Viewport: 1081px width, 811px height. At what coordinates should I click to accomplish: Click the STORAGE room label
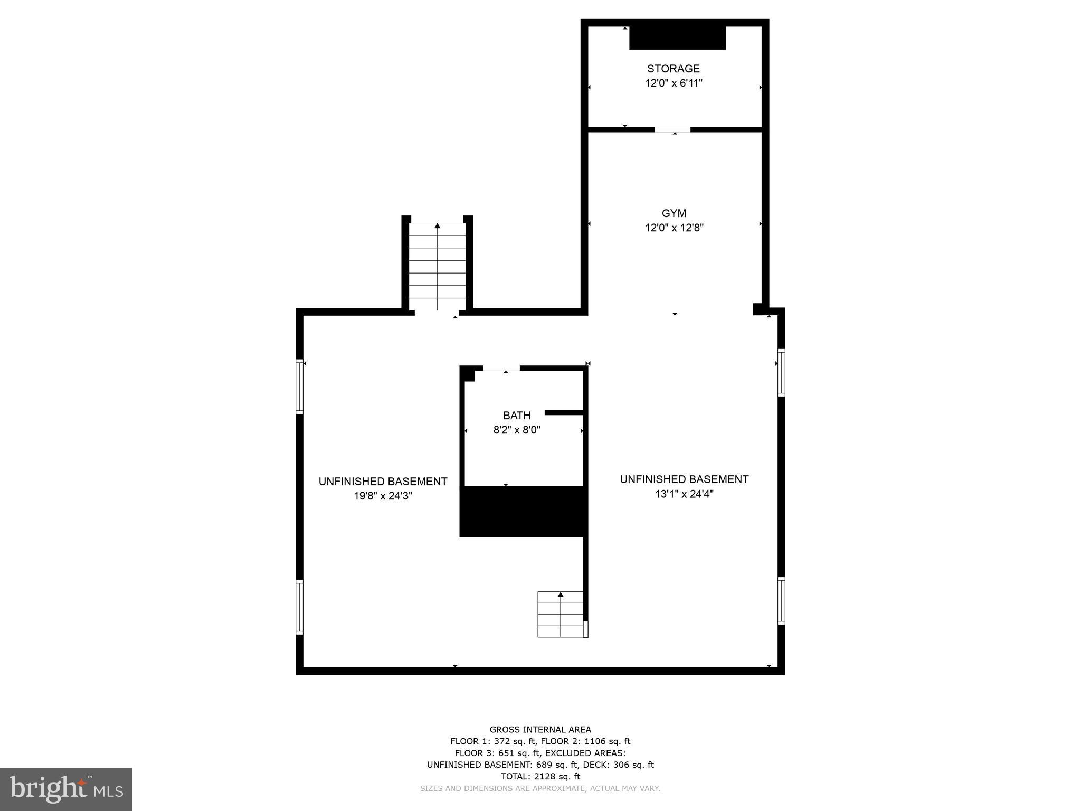click(674, 69)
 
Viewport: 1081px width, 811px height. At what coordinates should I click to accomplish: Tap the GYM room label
click(674, 213)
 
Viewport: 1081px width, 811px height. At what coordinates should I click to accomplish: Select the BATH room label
click(517, 416)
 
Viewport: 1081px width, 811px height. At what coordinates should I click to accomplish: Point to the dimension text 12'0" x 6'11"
click(674, 83)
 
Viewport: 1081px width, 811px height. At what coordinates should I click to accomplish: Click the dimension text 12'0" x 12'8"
click(674, 228)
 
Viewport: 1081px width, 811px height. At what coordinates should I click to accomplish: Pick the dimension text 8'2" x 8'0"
click(517, 430)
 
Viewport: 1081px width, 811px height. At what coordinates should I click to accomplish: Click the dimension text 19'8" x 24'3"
click(383, 496)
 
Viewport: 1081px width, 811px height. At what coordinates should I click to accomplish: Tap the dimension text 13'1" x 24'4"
click(684, 494)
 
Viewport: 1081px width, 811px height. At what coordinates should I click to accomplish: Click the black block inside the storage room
click(678, 38)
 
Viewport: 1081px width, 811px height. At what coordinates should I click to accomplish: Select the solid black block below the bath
click(523, 512)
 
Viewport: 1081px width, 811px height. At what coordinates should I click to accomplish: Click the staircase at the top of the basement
click(438, 267)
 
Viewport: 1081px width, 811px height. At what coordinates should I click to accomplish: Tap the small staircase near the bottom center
click(561, 614)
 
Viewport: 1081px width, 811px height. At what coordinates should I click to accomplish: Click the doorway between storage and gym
click(672, 129)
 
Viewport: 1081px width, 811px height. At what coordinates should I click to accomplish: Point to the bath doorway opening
click(501, 368)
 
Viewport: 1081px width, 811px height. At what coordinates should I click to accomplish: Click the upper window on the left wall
click(300, 386)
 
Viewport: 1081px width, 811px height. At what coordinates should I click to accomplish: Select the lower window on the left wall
click(300, 607)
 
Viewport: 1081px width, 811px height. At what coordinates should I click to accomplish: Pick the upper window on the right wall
click(781, 372)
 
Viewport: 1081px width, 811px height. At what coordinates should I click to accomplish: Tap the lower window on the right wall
click(781, 601)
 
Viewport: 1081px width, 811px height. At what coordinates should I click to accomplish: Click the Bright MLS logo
click(66, 789)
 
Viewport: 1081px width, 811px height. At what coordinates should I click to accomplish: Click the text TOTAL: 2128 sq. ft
click(540, 776)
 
